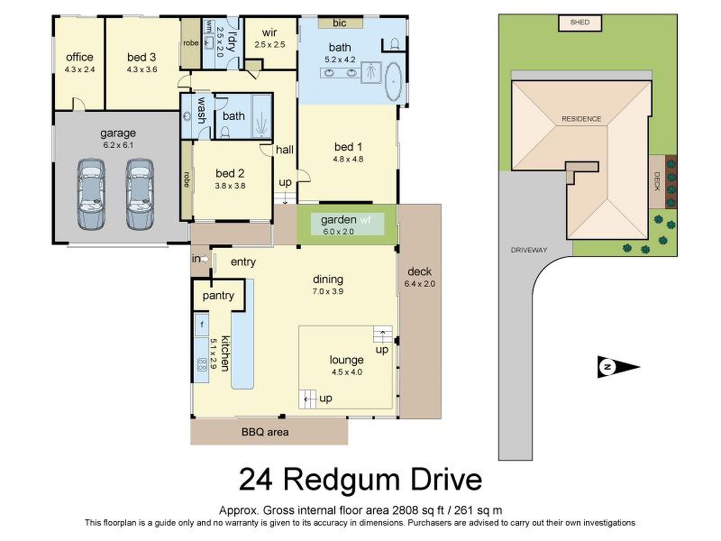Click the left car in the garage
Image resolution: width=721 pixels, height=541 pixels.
[x=91, y=194]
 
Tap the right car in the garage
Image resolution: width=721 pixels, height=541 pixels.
[x=140, y=194]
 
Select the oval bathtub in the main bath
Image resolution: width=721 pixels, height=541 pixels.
[x=394, y=82]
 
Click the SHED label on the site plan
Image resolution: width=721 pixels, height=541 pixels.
[x=580, y=22]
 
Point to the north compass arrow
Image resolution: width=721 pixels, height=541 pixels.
[x=619, y=367]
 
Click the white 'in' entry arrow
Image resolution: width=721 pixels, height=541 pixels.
[x=204, y=259]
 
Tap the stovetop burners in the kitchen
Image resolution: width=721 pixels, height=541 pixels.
[x=202, y=365]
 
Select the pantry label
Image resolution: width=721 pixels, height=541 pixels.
[x=218, y=296]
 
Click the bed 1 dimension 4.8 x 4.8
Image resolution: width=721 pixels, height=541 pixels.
[x=348, y=159]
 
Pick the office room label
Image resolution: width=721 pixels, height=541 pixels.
[x=79, y=57]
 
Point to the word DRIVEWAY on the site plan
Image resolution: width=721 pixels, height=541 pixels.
[x=529, y=250]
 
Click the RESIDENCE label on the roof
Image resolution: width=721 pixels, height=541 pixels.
[x=581, y=119]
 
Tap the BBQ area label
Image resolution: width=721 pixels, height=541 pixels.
[x=265, y=432]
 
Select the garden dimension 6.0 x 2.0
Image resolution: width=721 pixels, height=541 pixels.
[x=338, y=232]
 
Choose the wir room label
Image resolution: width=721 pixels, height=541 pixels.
[x=269, y=33]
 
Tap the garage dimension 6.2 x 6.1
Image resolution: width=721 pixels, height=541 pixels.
[x=118, y=145]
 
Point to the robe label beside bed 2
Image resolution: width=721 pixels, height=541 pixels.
[x=186, y=179]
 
